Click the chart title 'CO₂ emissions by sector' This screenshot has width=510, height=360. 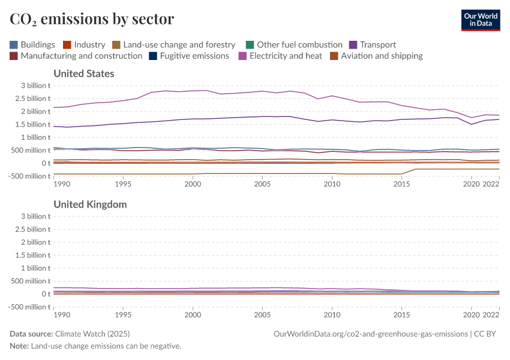(x=92, y=19)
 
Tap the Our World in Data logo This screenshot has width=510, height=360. (x=480, y=20)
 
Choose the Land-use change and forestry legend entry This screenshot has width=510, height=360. (x=173, y=44)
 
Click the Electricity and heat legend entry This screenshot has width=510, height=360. (x=280, y=56)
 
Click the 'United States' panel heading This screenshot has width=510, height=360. (x=84, y=74)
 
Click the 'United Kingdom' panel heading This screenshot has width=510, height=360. (x=90, y=205)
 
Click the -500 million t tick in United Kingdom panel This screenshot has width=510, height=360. (x=26, y=307)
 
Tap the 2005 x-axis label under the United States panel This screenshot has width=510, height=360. (x=262, y=184)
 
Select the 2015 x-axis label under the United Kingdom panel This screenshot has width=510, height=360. (x=401, y=314)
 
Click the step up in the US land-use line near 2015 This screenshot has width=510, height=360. (x=409, y=172)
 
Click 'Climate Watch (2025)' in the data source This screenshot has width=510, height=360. (x=92, y=334)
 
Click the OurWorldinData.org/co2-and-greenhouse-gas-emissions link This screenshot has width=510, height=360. (x=370, y=334)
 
